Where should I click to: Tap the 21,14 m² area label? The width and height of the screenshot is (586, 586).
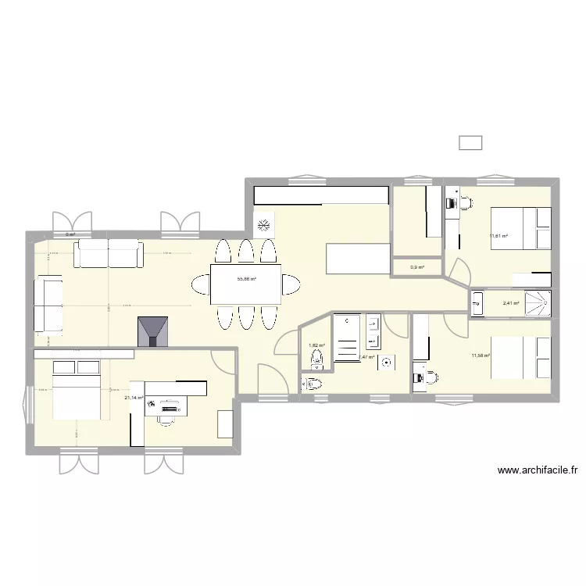pos(134,398)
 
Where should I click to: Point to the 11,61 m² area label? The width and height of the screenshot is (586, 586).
pos(498,236)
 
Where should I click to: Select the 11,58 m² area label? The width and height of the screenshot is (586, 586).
pos(480,356)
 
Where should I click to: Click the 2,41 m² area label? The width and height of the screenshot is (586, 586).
pos(511,303)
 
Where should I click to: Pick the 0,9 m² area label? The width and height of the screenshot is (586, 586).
pos(417,267)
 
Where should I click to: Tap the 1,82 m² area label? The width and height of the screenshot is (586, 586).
pos(316,345)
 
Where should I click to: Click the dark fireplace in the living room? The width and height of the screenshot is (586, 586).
pos(152,331)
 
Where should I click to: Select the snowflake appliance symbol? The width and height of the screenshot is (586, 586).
pos(265,225)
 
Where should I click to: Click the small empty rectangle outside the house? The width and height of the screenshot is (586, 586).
pos(470,142)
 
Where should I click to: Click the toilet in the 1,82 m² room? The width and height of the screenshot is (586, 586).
pos(316,359)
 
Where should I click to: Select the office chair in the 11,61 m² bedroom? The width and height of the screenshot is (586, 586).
pos(466,203)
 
